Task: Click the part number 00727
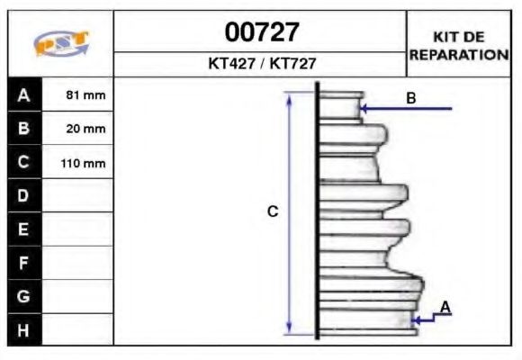click(261, 32)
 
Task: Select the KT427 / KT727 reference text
click(261, 64)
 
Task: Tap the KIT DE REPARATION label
click(459, 45)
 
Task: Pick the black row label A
click(23, 94)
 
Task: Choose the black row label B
click(23, 129)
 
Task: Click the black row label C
click(23, 163)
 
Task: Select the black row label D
click(23, 195)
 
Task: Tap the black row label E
click(23, 229)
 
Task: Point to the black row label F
click(23, 263)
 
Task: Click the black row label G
click(23, 296)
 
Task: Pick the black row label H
click(23, 330)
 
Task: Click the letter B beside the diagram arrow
click(410, 98)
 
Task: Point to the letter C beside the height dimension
click(274, 211)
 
